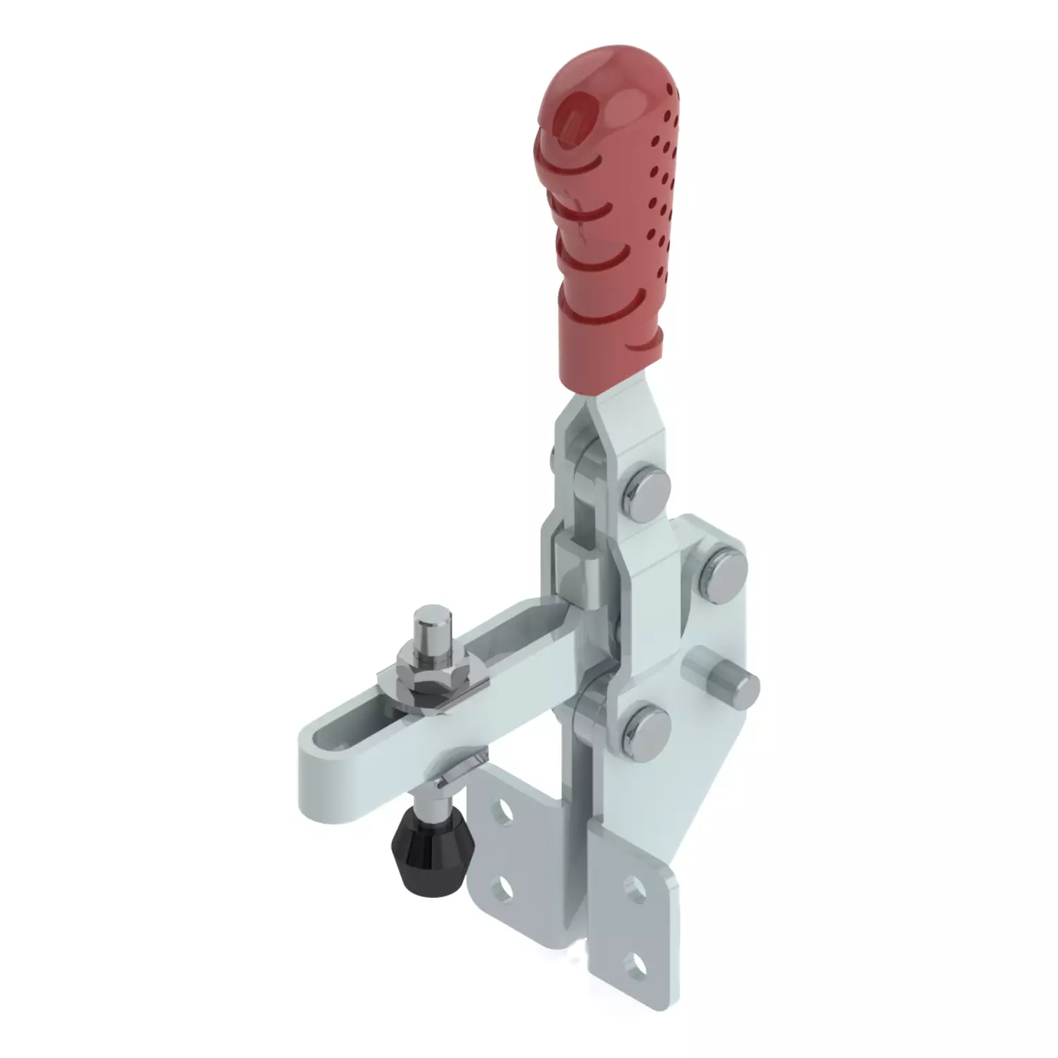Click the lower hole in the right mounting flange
638,961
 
